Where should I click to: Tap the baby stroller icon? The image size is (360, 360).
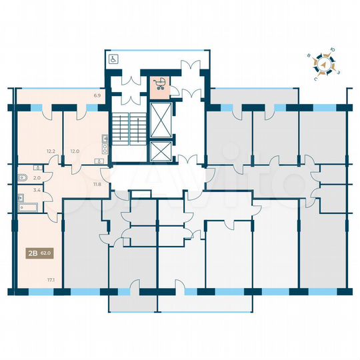(x=160, y=84)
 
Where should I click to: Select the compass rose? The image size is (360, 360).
(x=326, y=65)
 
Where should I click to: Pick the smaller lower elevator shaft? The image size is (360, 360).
(x=161, y=151)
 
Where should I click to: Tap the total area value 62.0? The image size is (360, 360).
(x=47, y=253)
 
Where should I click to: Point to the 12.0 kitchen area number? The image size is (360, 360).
(x=75, y=151)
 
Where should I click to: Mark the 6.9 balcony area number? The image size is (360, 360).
(x=97, y=97)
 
